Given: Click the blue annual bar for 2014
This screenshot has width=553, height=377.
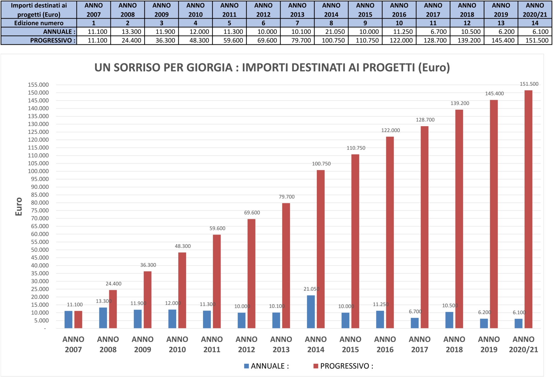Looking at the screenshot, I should point(311,312).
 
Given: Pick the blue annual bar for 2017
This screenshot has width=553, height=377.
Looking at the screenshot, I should point(414,323).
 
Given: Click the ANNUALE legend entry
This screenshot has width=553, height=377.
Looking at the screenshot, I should point(266,366).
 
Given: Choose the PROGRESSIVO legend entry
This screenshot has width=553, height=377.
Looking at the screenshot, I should point(343,366).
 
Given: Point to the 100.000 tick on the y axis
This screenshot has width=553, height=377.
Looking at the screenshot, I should point(38,171).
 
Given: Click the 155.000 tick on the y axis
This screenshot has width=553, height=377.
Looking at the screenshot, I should point(38,85).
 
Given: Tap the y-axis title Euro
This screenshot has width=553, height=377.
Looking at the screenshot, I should point(19,206).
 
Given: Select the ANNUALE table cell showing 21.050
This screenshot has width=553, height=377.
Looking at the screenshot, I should point(331,32).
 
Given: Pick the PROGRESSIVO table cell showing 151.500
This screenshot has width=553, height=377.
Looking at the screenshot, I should point(535,40).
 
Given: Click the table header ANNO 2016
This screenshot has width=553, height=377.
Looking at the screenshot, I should point(399,10).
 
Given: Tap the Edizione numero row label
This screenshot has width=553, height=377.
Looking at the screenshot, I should point(39,23).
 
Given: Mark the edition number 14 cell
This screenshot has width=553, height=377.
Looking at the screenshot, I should point(535,23).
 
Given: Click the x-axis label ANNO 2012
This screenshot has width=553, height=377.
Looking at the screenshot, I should point(246,344).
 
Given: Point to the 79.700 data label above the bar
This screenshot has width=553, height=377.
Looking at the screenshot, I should point(287,197).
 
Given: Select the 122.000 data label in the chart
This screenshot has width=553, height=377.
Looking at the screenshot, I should point(391,130).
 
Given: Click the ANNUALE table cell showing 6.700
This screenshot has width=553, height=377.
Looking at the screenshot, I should point(433,32).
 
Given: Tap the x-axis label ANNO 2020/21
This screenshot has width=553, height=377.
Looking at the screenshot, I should point(523,344).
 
